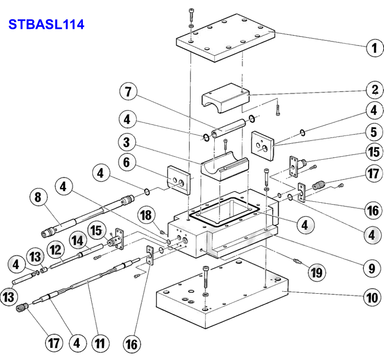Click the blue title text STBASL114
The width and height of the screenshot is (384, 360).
tap(45, 24)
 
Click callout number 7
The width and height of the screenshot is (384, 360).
tap(128, 93)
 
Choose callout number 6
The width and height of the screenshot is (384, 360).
tap(128, 163)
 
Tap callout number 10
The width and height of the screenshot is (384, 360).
tap(373, 298)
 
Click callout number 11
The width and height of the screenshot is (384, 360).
tap(100, 344)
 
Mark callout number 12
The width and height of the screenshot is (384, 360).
tap(55, 249)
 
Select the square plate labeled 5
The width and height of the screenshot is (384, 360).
tap(263, 144)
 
